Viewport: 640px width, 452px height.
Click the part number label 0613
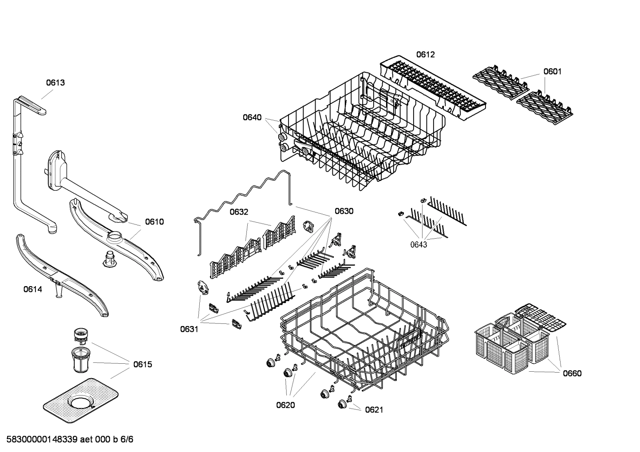coord(55,83)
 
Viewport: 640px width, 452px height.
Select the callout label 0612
coord(425,55)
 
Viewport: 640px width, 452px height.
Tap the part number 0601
coord(552,71)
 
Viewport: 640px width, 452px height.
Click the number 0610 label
coord(154,222)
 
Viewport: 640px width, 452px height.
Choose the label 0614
coord(33,290)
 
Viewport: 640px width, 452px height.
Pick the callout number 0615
coord(142,365)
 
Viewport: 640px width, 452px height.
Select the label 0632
coord(239,212)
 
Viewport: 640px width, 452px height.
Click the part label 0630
coord(344,211)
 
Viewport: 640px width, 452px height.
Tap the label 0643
coord(418,244)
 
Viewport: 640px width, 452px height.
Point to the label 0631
coord(189,329)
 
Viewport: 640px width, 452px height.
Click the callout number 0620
coord(285,405)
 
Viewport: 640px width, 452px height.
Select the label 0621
coord(374,410)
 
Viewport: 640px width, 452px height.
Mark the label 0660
coord(572,373)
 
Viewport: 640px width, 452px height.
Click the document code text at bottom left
coord(67,440)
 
